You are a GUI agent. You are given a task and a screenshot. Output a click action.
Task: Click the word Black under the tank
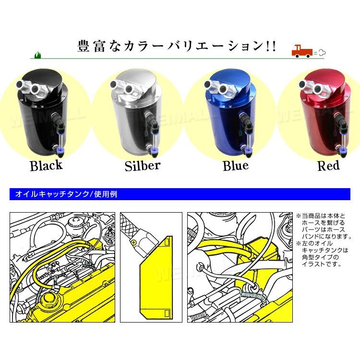(46, 166)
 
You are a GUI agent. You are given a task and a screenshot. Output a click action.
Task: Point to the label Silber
(142, 166)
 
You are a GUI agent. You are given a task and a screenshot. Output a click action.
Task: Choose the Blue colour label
(236, 166)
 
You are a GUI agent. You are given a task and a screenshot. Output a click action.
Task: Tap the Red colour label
(328, 166)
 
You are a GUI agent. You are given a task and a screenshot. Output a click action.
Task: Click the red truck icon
(303, 51)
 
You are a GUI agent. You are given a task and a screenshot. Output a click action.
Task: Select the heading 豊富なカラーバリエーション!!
(177, 47)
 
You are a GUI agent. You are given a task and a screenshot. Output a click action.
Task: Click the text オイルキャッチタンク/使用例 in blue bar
(66, 194)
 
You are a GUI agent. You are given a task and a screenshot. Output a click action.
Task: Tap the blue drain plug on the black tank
(60, 152)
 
